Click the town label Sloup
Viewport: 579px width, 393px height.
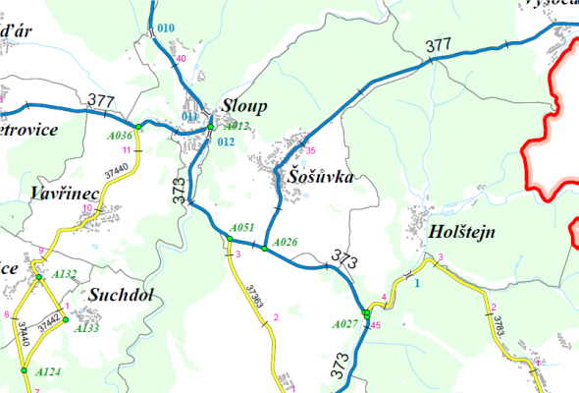tap(244, 105)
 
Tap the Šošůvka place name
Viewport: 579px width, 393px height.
tap(320, 178)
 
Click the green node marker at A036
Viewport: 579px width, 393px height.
tap(139, 128)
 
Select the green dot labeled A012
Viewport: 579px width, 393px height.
tap(211, 127)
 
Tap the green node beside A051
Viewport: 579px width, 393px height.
tap(229, 239)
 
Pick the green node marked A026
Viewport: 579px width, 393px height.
tap(265, 249)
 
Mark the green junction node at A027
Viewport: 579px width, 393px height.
tap(366, 313)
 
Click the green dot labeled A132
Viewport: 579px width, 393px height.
tap(39, 277)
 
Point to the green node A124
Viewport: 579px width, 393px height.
tap(23, 371)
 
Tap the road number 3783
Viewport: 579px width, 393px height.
tap(498, 325)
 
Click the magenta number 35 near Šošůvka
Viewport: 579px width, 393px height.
tap(311, 150)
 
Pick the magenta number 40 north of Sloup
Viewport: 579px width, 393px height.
tap(180, 59)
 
